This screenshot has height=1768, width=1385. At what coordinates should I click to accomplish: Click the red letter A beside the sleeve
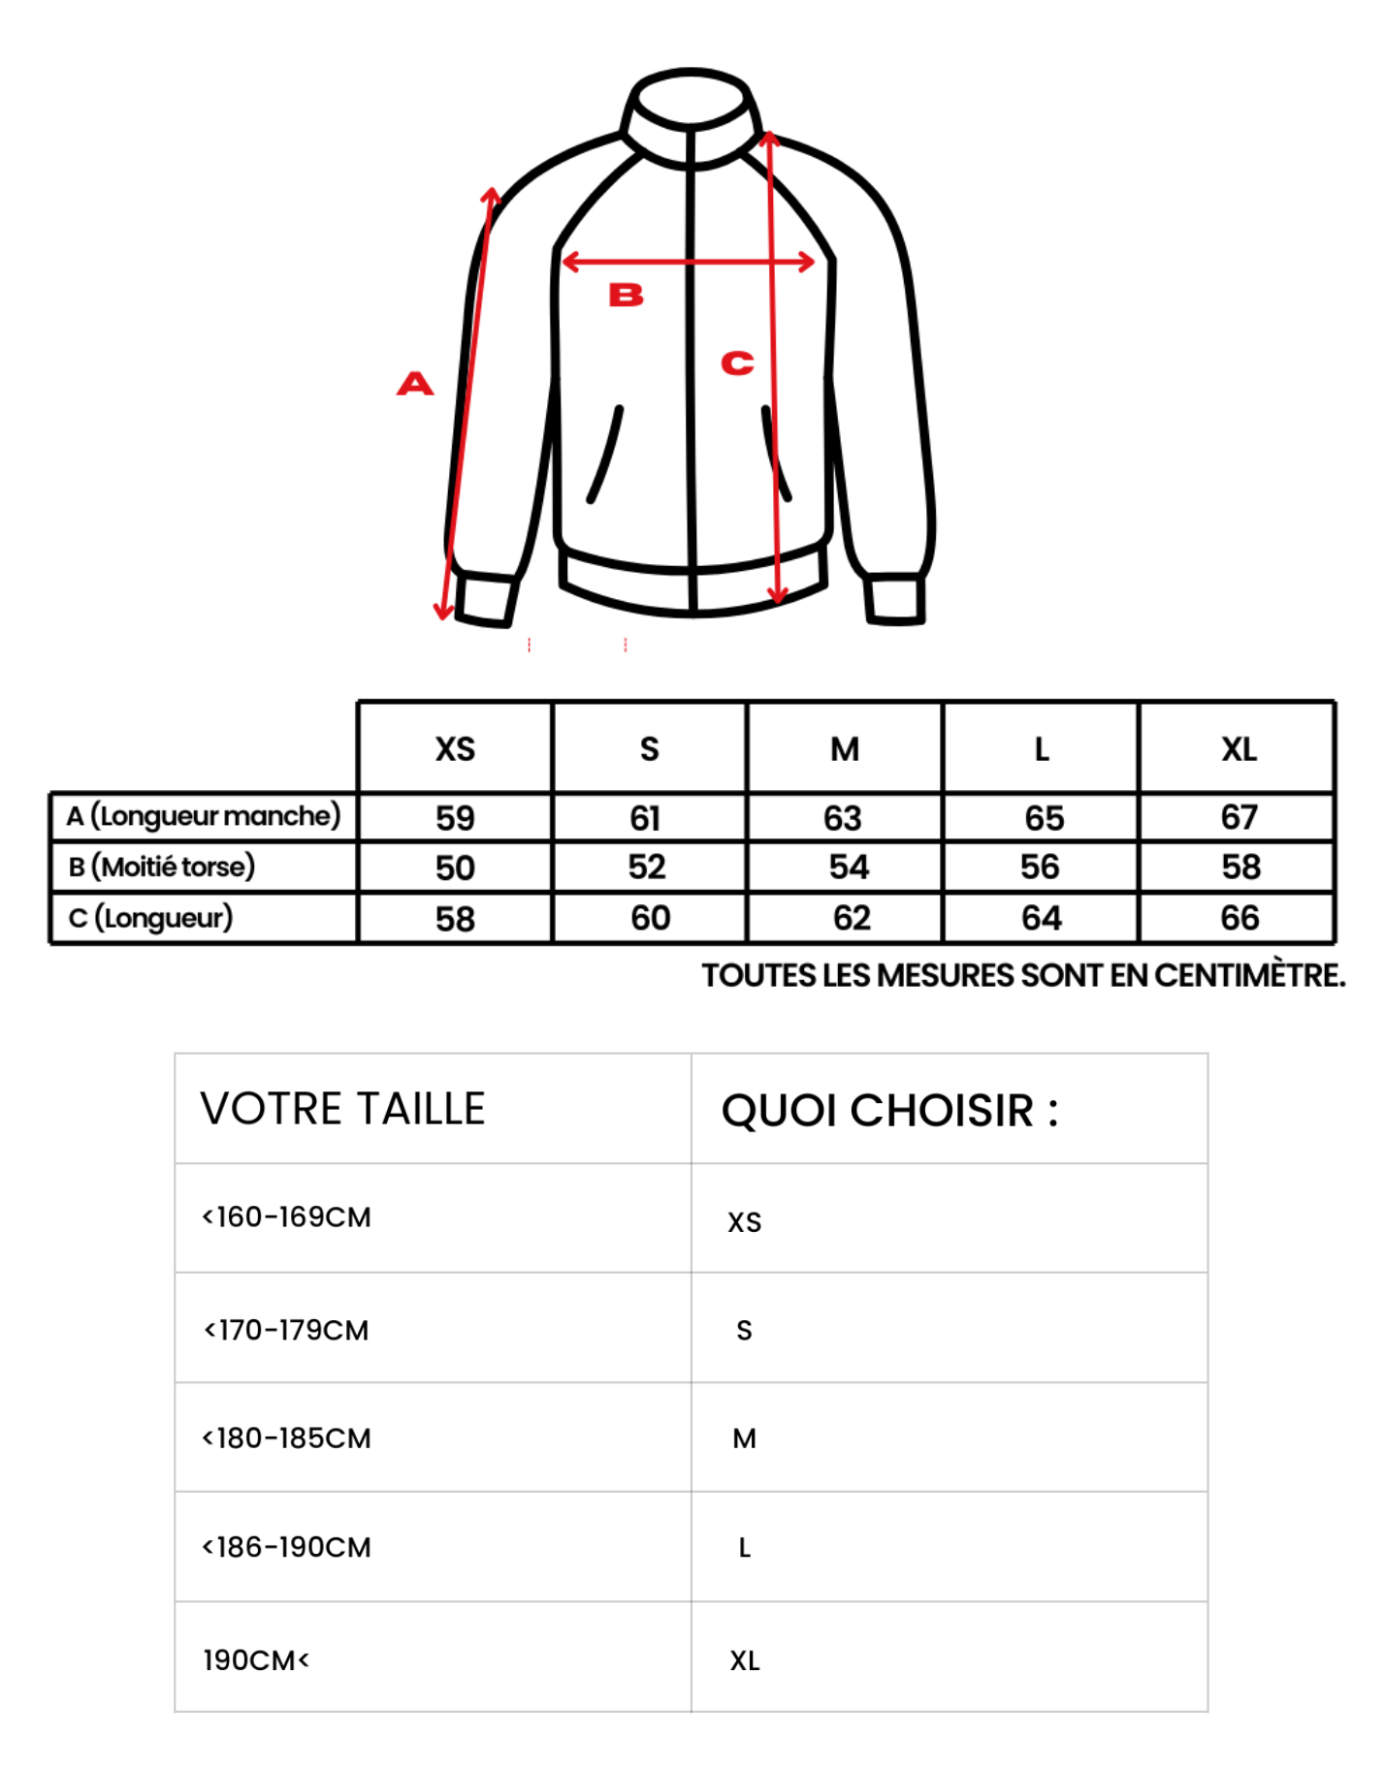click(x=415, y=384)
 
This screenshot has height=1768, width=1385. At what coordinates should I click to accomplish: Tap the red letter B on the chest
click(x=626, y=295)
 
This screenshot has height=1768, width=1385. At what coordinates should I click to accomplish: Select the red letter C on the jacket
click(x=737, y=363)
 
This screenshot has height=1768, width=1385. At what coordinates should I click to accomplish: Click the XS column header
click(x=455, y=749)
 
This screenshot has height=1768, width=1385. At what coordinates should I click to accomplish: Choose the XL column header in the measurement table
click(x=1239, y=749)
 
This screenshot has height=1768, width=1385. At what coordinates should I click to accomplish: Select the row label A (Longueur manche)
click(x=204, y=816)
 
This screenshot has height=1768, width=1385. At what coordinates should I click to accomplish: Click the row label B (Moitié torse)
click(x=161, y=867)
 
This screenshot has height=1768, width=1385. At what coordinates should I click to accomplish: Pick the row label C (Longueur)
click(x=150, y=917)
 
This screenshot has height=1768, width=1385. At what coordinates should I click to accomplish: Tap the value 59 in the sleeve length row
click(x=455, y=818)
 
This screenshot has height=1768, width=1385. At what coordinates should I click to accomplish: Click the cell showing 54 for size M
click(x=849, y=867)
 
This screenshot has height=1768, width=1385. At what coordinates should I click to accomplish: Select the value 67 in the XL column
click(x=1239, y=817)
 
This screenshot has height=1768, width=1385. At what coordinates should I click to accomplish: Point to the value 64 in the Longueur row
click(x=1042, y=918)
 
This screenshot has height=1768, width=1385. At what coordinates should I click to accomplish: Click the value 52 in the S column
click(x=647, y=867)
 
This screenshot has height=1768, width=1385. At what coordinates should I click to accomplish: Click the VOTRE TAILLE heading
click(x=342, y=1109)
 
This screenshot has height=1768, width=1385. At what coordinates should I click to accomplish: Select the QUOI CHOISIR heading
click(x=889, y=1111)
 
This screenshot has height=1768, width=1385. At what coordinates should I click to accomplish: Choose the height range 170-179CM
click(x=286, y=1330)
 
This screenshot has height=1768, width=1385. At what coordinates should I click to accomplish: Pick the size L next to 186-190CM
click(x=744, y=1548)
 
